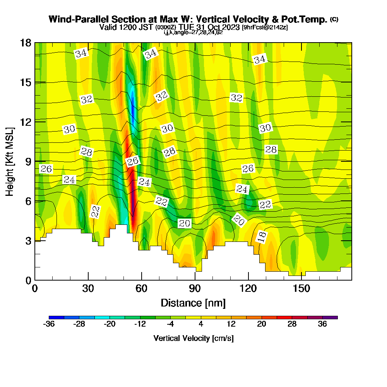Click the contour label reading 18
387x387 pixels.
click(x=262, y=236)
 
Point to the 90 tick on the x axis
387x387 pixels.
click(x=195, y=289)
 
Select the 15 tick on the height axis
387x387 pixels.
click(x=26, y=82)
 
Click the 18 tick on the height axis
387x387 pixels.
click(x=26, y=43)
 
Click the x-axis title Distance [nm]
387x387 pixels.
click(x=193, y=303)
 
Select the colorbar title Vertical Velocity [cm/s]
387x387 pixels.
click(x=193, y=338)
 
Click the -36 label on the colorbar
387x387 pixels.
click(x=49, y=325)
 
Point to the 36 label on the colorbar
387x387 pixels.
click(x=322, y=325)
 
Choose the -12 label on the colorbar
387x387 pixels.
click(x=140, y=325)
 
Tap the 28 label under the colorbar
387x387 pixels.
click(x=292, y=325)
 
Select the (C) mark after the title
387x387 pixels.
click(x=334, y=19)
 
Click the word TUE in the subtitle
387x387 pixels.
click(x=187, y=27)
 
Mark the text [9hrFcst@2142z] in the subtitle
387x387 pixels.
click(x=264, y=27)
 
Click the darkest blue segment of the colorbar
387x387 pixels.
click(x=57, y=317)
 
